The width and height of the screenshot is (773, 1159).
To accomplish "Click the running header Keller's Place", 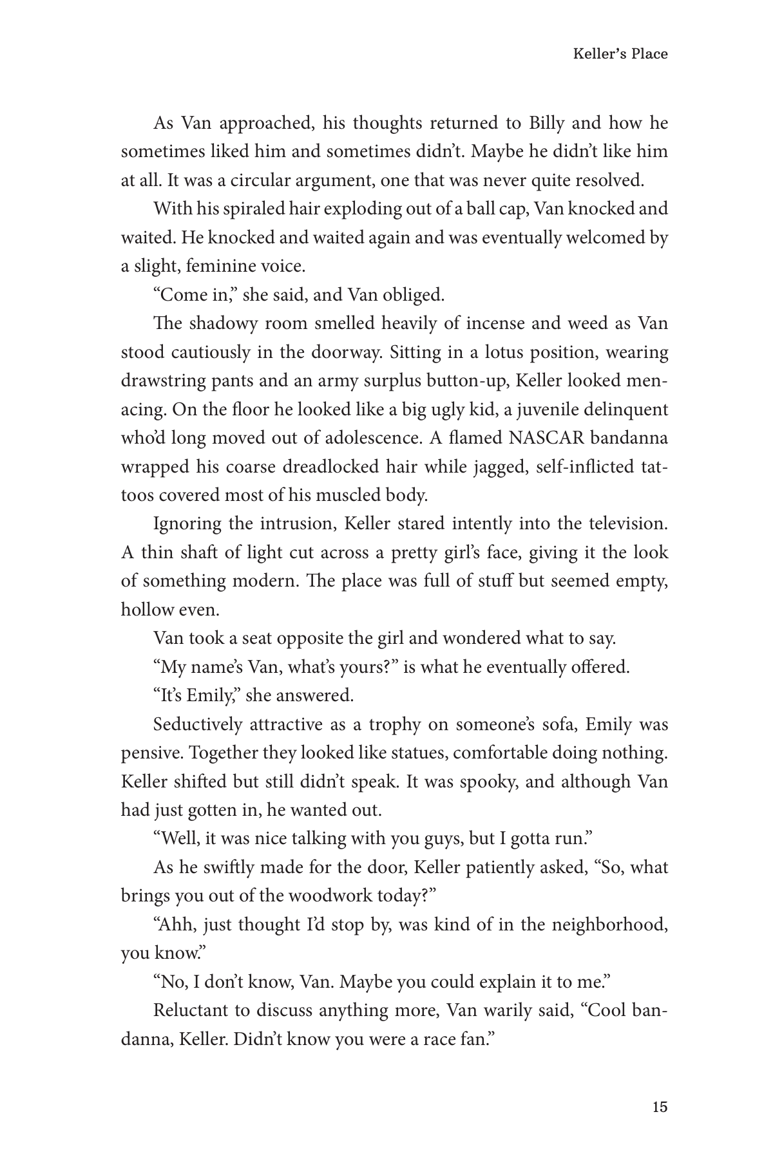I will pyautogui.click(x=620, y=54).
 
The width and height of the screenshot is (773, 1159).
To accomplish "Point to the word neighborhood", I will pyautogui.click(x=599, y=925).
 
